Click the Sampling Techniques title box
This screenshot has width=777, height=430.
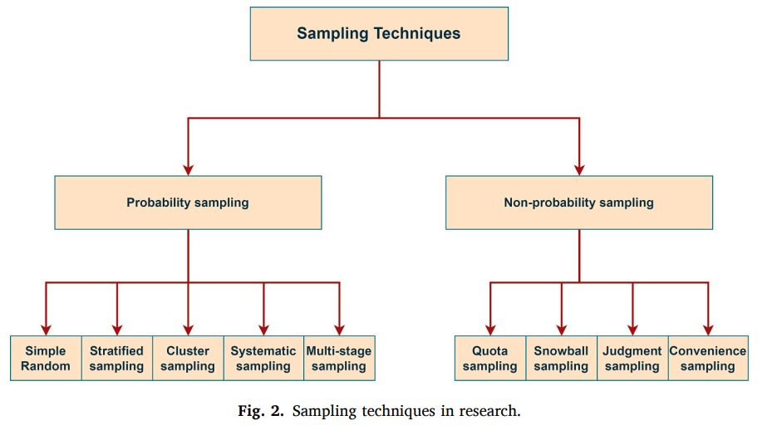coord(379,35)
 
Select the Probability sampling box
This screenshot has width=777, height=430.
coord(188,202)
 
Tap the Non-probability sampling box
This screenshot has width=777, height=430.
coord(578,202)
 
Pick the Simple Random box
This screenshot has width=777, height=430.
coord(47,358)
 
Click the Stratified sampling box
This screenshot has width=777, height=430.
coord(116,358)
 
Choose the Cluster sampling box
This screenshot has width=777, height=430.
coord(188,358)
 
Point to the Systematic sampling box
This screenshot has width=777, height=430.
coord(263,358)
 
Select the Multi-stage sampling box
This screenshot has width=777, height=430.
coord(338,358)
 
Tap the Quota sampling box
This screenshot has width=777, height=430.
coord(490,358)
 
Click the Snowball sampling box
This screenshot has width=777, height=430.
coord(562,358)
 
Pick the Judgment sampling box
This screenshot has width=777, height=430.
coord(632,358)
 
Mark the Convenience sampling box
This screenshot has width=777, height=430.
coord(708,358)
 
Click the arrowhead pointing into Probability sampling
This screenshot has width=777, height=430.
coord(188,169)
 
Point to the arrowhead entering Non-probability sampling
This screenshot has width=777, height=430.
coord(578,169)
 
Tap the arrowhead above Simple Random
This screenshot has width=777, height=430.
coord(47,328)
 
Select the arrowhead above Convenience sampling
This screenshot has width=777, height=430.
coord(708,328)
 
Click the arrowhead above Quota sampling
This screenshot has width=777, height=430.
coord(490,328)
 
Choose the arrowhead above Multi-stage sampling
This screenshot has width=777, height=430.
coord(338,328)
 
